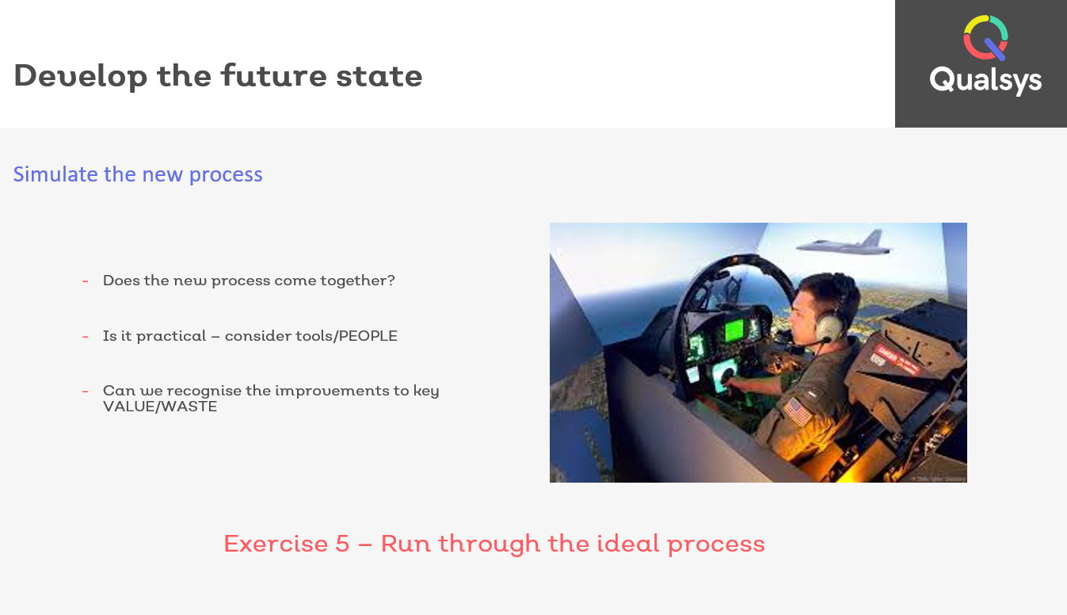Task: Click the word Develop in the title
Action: [81, 76]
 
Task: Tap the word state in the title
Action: [379, 76]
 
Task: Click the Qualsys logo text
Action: [985, 81]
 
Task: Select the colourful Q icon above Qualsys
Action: [985, 38]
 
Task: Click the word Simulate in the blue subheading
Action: [55, 174]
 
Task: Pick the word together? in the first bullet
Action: [358, 281]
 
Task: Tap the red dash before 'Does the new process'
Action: [86, 281]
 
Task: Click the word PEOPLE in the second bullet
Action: [368, 336]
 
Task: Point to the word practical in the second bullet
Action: [171, 337]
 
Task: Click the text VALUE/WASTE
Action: [160, 407]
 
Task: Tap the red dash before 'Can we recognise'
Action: [86, 392]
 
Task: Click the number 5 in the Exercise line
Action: [342, 544]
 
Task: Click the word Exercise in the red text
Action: [276, 544]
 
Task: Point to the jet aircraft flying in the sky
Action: [843, 244]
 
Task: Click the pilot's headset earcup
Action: [828, 327]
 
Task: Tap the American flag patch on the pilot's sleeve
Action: [798, 412]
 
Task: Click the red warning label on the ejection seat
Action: [897, 360]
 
